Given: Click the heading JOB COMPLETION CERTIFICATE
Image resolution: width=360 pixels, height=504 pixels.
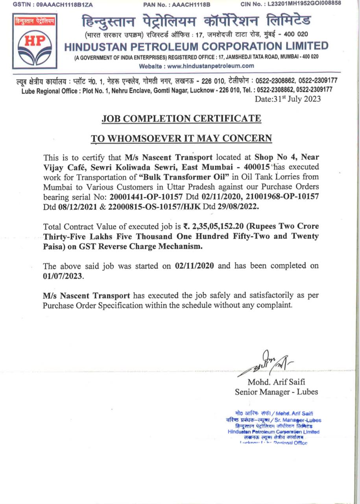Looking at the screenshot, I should tap(181, 118).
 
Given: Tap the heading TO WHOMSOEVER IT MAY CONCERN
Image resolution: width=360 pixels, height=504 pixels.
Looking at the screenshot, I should tap(181, 138).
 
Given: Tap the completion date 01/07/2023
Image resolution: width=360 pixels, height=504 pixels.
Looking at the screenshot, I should tap(63, 276).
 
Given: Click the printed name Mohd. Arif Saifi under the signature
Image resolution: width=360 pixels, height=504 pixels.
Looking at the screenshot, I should tap(277, 382).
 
